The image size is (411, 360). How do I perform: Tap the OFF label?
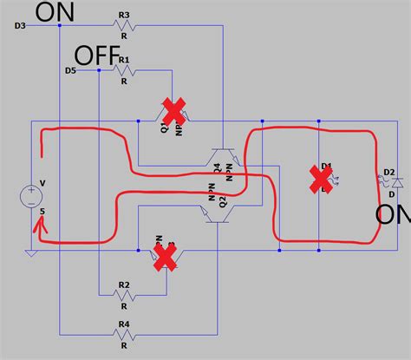95,56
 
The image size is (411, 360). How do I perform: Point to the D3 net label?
20,26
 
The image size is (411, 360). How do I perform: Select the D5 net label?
70,69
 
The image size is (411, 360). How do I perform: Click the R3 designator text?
124,15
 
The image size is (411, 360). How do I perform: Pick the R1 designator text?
124,60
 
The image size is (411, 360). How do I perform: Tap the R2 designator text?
124,285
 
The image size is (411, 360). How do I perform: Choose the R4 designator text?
124,324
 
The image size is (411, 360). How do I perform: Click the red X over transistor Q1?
173,111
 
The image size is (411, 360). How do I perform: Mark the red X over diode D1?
323,180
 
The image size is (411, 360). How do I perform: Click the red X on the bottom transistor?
165,255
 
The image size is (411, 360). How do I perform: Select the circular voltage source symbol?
31,196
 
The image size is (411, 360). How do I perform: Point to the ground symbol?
31,252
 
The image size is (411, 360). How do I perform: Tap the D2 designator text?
389,173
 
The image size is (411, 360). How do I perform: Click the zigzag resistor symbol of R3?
125,25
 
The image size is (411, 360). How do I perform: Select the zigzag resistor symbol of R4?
125,334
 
